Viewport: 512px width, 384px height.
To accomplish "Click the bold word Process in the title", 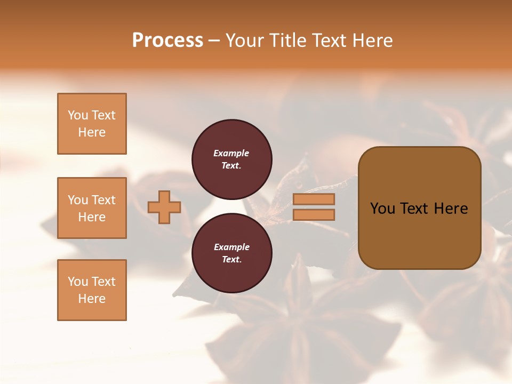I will tap(167, 41).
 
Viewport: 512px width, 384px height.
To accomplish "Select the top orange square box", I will tap(92, 124).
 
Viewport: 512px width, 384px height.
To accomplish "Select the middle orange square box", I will tap(92, 208).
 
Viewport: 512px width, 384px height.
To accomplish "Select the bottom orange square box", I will tap(92, 290).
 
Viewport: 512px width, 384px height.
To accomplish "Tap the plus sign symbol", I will tap(164, 207).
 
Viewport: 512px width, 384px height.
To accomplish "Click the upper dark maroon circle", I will tap(231, 159).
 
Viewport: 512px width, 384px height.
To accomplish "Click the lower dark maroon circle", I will tap(231, 253).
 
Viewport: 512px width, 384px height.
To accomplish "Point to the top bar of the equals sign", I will tap(314, 199).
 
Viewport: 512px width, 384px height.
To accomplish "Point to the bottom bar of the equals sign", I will tap(314, 215).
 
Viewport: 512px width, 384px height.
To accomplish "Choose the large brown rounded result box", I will tap(419, 208).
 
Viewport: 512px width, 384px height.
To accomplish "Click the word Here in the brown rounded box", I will tap(451, 209).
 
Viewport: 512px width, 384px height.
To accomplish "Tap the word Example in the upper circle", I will tap(231, 153).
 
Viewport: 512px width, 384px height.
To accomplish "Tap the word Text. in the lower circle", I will tap(231, 260).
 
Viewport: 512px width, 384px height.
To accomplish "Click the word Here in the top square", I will tap(92, 132).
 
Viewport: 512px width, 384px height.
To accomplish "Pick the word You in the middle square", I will tap(77, 200).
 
